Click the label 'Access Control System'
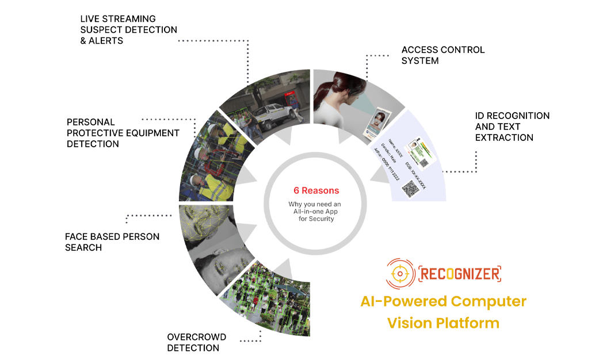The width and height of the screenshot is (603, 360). (x=443, y=55)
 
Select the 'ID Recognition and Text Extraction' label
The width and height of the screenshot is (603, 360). (x=512, y=127)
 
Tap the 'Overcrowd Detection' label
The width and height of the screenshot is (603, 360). (x=197, y=342)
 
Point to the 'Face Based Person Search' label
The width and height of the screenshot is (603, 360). (x=112, y=242)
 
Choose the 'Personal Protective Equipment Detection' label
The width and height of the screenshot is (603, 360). (x=123, y=133)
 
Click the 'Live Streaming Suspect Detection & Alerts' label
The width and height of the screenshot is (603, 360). (x=128, y=30)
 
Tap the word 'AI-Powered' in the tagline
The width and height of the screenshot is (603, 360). (x=403, y=301)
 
